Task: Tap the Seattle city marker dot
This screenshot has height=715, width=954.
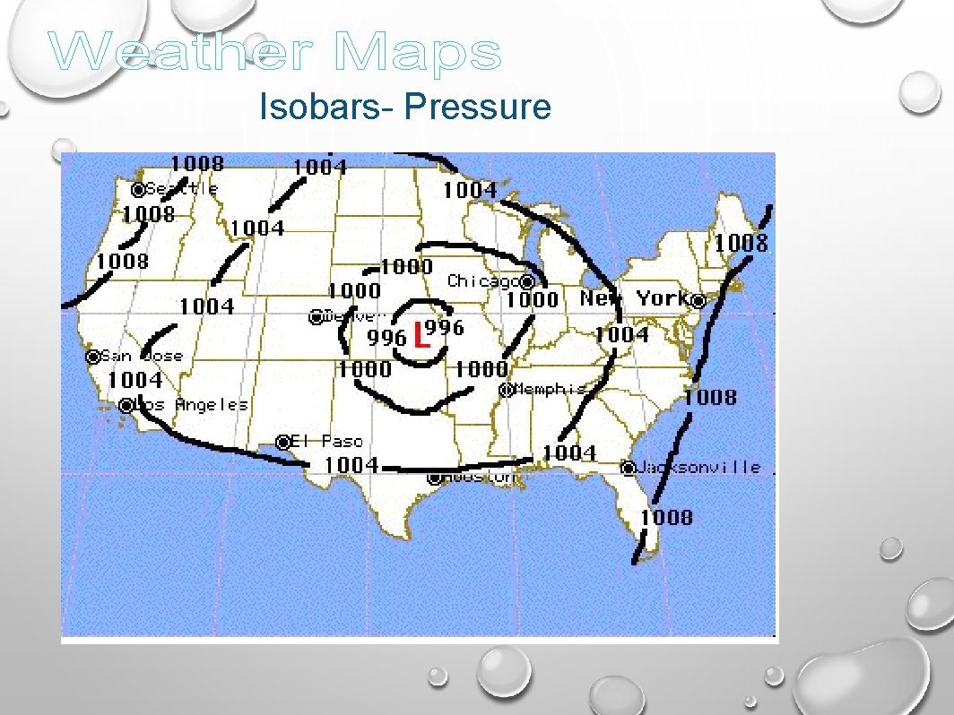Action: tap(138, 190)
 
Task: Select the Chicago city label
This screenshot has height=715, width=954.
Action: tap(483, 281)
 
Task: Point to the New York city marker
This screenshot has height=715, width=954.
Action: tap(698, 301)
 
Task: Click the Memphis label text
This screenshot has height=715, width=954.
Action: tap(550, 389)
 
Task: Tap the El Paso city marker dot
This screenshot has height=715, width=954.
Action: tap(283, 442)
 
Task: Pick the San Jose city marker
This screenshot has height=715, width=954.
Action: tap(93, 357)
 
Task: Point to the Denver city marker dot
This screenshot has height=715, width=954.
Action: tap(316, 317)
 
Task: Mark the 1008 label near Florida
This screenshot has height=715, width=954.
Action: tap(666, 517)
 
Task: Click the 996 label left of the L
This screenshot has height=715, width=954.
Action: tap(387, 338)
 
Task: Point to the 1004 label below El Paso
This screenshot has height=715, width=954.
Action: tap(351, 464)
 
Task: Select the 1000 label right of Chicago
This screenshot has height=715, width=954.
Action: tap(533, 300)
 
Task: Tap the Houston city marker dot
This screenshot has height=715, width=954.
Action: tap(435, 478)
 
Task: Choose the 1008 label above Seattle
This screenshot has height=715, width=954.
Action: tap(197, 163)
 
